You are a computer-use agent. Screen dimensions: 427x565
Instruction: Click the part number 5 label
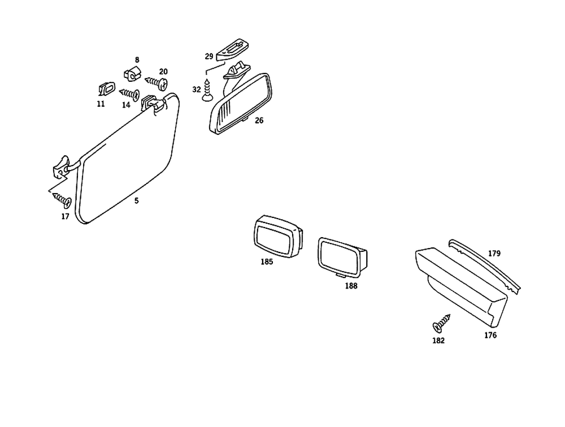[x=136, y=200]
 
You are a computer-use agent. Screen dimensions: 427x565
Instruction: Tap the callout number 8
[x=136, y=60]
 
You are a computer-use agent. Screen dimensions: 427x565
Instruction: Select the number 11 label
[x=101, y=104]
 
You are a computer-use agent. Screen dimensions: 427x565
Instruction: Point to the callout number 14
[x=125, y=104]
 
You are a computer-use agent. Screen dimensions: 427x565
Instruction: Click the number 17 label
[x=66, y=216]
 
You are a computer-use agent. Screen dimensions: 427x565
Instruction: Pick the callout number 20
[x=163, y=72]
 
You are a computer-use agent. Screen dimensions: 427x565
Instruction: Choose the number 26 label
[x=259, y=120]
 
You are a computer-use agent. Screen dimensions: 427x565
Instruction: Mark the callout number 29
[x=208, y=56]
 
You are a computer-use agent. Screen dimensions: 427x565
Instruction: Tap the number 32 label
[x=196, y=89]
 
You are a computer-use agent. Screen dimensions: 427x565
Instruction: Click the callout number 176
[x=490, y=335]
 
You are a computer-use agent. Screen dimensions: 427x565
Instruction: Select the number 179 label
[x=494, y=254]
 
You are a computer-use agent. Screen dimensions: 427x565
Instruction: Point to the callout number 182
[x=438, y=341]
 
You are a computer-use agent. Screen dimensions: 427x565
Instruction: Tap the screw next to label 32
[x=207, y=91]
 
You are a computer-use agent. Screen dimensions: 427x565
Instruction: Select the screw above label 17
[x=62, y=199]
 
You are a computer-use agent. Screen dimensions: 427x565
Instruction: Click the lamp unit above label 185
[x=276, y=236]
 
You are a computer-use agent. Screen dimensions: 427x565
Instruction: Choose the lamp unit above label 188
[x=342, y=257]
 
